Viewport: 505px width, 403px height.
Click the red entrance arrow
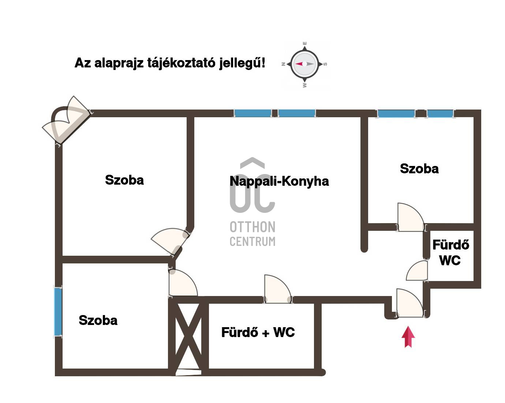[408, 337]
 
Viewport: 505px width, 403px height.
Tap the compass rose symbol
[304, 64]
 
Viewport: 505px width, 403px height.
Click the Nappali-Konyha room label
[279, 181]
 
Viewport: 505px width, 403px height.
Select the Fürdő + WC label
[258, 332]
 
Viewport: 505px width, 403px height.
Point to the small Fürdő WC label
[450, 253]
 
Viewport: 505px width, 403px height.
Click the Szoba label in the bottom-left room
[98, 320]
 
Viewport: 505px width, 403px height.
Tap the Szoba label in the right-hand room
[419, 169]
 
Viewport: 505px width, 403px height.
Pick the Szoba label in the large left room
[124, 180]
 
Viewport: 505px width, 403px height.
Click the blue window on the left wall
[58, 311]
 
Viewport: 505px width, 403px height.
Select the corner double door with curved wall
[66, 120]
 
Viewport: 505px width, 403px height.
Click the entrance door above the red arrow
[410, 303]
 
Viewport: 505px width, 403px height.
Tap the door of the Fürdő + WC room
[278, 289]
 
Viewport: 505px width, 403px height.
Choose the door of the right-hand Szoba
[411, 217]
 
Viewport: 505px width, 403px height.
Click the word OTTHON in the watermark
[252, 227]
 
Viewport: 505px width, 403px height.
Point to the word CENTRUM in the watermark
[252, 241]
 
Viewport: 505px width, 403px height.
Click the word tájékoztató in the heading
[181, 63]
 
